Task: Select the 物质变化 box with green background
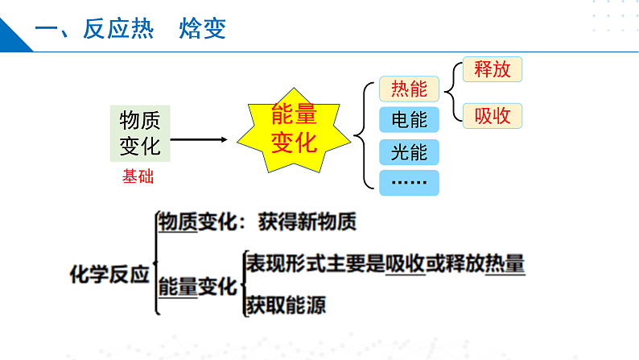[140, 133]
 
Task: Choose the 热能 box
[409, 88]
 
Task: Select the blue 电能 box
[409, 120]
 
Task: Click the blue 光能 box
[409, 151]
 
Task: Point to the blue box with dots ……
[409, 183]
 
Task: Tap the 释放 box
[493, 69]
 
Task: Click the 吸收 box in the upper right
[493, 116]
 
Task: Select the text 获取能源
[287, 305]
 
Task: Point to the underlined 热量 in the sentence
[505, 263]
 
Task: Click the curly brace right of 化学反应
[154, 263]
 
